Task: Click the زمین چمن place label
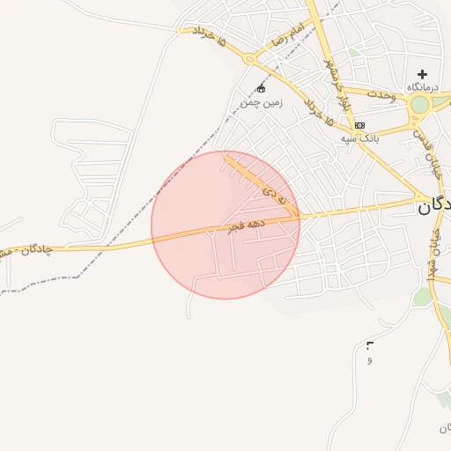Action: coord(260,103)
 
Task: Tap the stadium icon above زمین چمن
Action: coord(260,89)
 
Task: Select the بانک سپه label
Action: coord(359,138)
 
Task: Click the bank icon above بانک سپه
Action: coord(359,125)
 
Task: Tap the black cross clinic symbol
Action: coord(422,74)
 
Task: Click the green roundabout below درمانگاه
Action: coord(419,105)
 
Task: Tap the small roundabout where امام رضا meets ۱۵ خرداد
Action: coord(250,59)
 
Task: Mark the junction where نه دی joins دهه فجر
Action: coord(299,215)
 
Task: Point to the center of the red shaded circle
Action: coord(225,225)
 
